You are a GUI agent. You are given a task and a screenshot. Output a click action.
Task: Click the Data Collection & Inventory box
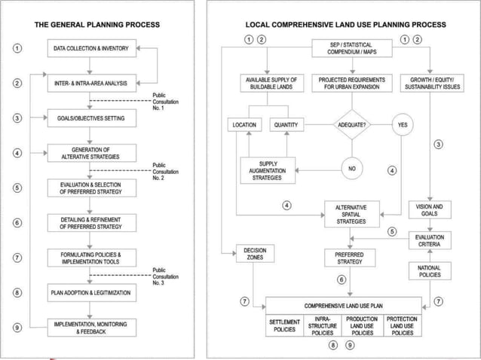click(x=91, y=50)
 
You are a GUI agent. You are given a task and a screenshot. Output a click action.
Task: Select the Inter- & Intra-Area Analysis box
click(x=91, y=83)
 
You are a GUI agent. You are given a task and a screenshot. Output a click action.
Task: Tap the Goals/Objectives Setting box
click(x=91, y=118)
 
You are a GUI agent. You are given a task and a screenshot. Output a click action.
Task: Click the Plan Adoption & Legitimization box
click(x=91, y=291)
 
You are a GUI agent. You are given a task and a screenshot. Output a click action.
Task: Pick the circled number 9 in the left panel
click(x=17, y=327)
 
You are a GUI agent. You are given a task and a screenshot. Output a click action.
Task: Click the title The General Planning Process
click(x=97, y=24)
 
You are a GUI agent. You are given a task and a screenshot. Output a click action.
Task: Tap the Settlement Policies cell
click(x=285, y=326)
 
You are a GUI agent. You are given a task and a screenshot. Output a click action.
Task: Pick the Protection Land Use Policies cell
click(x=401, y=326)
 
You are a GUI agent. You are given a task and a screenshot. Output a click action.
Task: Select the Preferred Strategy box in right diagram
click(x=349, y=258)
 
